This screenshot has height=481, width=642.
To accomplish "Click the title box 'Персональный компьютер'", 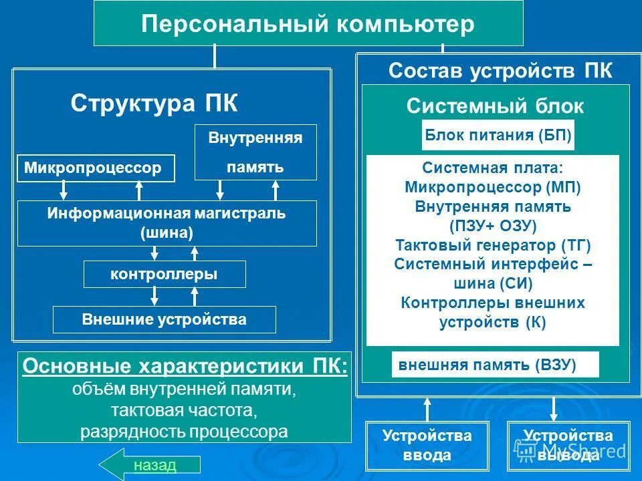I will click(308, 24).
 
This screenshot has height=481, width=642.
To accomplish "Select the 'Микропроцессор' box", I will click(95, 168).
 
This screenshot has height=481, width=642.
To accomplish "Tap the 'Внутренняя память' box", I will click(255, 152).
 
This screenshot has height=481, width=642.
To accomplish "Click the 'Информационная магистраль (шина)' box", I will click(167, 223).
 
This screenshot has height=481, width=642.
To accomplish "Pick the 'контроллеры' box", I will click(164, 274).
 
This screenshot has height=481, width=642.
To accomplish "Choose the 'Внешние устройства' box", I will click(164, 319).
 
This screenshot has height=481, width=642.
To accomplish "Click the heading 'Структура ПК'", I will click(154, 104).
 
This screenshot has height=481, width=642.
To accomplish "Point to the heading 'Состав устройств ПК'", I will click(500, 71).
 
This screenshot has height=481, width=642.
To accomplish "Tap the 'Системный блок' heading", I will click(495, 106).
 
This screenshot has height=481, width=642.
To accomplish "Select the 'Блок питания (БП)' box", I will click(498, 136).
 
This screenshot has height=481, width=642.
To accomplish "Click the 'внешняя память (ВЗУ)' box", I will click(495, 365).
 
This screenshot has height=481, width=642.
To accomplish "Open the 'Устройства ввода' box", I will click(427, 446).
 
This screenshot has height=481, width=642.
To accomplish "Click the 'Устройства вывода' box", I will click(568, 446).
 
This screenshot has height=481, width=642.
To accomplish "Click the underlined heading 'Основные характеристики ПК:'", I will click(185, 367).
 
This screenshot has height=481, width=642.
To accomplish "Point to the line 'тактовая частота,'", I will click(185, 410).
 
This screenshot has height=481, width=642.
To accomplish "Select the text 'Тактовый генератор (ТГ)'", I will click(493, 245).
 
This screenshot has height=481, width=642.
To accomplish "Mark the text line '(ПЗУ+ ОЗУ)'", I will click(493, 226).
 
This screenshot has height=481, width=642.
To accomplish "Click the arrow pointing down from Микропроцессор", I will click(64, 191).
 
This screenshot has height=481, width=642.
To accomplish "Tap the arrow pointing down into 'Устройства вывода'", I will click(554, 409).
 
